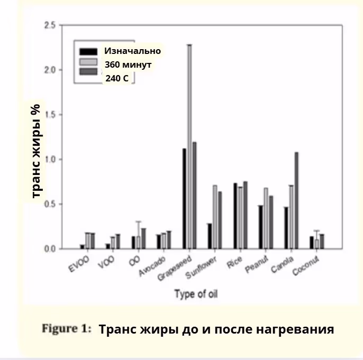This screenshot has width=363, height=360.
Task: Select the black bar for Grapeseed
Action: (184, 198)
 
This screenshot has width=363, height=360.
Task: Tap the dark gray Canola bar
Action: (296, 200)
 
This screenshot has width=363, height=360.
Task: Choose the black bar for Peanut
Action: (261, 227)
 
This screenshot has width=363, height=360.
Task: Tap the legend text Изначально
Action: (132, 51)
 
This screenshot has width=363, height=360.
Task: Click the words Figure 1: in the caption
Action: (67, 329)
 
